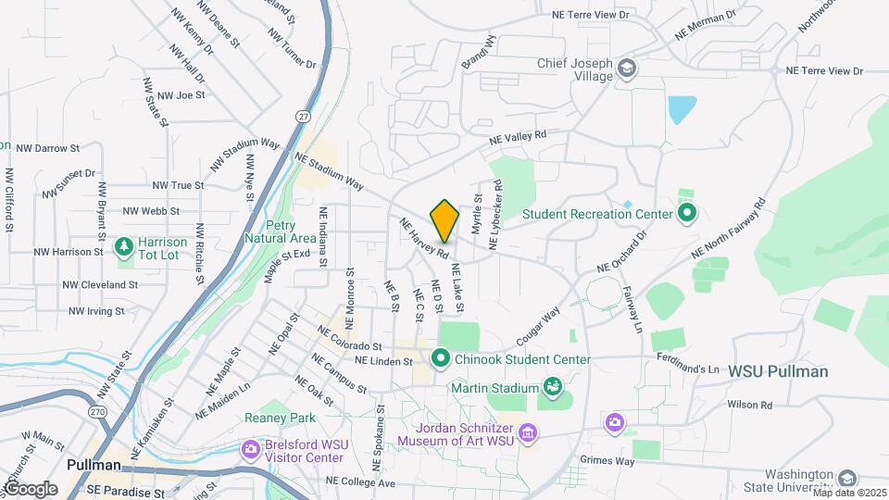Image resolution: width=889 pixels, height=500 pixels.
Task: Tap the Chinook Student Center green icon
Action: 441,357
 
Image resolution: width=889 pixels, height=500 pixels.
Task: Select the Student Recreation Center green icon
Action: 686,214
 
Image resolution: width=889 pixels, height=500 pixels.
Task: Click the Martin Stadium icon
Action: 554,386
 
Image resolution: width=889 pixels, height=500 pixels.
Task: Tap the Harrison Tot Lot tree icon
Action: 124,247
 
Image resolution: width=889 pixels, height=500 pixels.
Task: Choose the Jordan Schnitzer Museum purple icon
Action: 528,432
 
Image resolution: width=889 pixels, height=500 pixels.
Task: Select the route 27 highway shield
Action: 303,116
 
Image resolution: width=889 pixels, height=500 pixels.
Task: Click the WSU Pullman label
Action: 778,371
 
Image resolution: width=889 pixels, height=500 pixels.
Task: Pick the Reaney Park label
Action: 274,419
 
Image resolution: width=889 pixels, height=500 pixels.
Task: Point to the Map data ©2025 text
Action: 849,493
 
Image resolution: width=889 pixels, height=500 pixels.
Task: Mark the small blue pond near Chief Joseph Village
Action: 682,110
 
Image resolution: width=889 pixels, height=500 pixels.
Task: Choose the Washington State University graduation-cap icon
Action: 846,479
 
